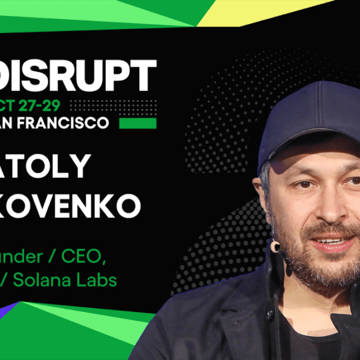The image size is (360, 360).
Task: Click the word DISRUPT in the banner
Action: pos(78,75)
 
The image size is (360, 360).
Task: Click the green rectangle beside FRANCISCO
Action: pos(137,123)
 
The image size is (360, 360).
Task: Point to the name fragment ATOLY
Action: pos(46,166)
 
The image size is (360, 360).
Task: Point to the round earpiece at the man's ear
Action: pos(275,247)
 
